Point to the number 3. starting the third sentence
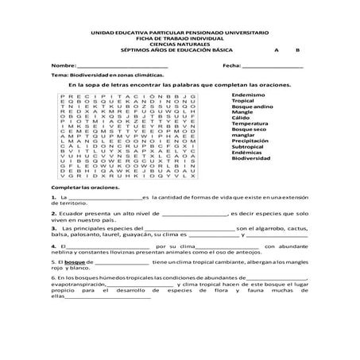pyautogui.click(x=52, y=229)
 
